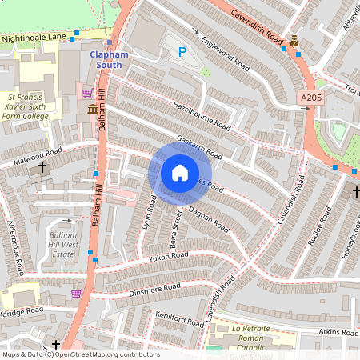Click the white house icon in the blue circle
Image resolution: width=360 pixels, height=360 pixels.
(x=180, y=173)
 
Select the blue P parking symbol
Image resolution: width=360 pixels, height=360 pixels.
(x=182, y=53)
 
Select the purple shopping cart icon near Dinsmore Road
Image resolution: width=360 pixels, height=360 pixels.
(x=77, y=294)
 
